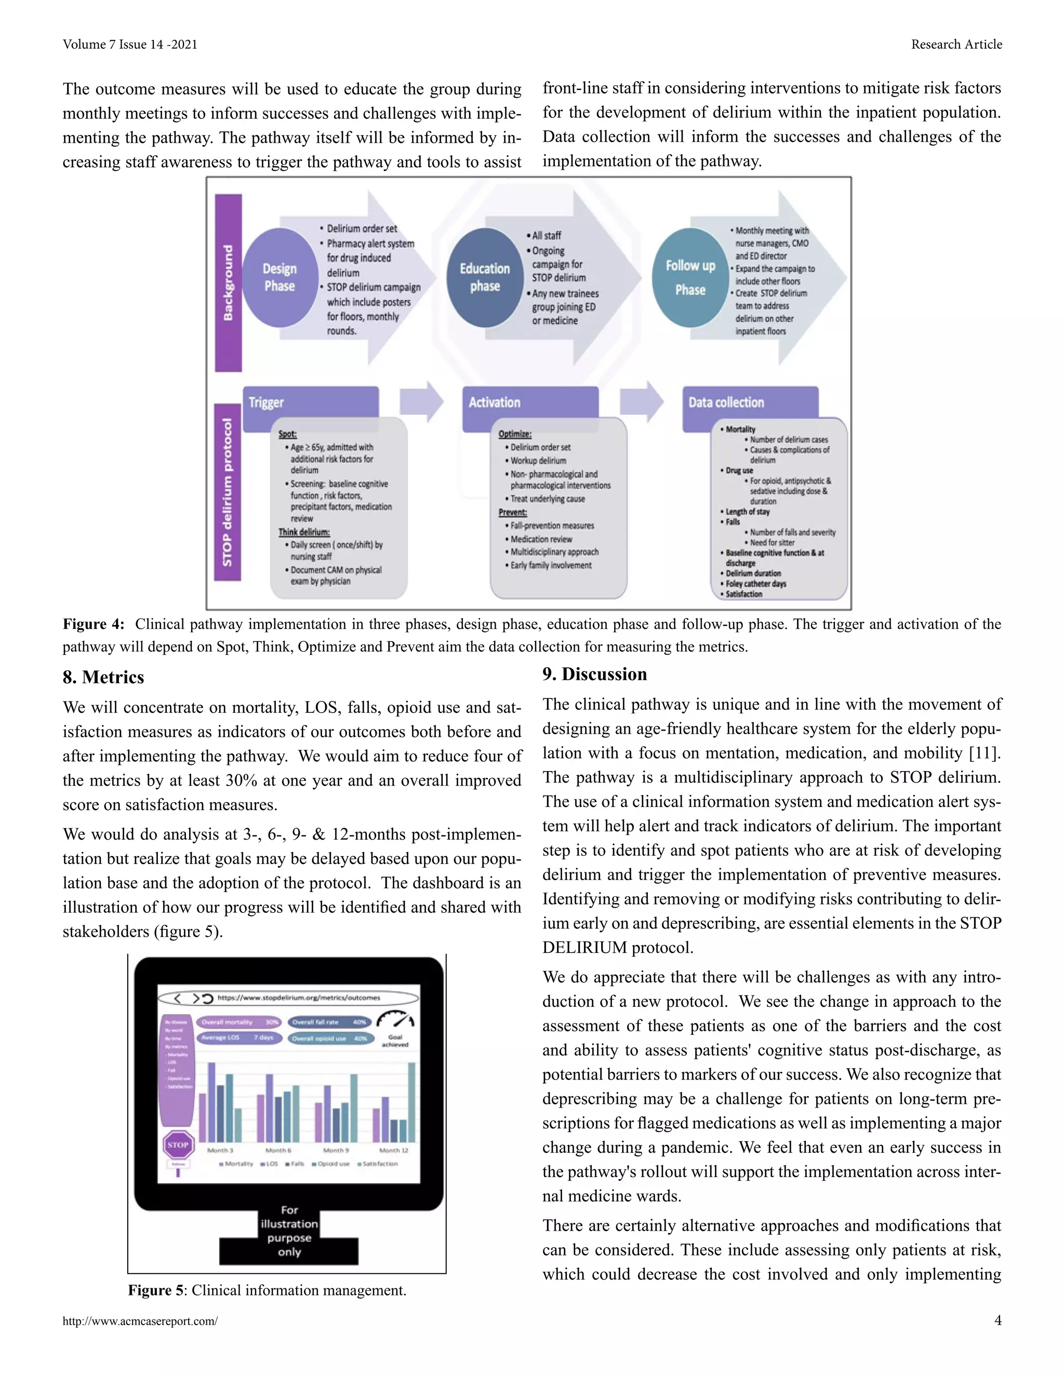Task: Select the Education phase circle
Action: coord(485,277)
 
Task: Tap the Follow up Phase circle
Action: coord(690,277)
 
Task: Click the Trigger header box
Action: coord(311,402)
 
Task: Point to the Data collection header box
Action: coord(750,402)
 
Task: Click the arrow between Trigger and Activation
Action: coord(421,401)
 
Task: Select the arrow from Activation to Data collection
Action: coord(641,401)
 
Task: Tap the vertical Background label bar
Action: coord(228,282)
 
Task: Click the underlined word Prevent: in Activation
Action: coord(512,512)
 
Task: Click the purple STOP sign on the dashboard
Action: coord(178,1145)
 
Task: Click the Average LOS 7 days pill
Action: coord(237,1037)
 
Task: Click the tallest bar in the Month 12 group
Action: coord(411,1102)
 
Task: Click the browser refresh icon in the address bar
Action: coord(207,998)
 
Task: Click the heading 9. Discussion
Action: coord(594,674)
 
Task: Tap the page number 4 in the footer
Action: coord(997,1320)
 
